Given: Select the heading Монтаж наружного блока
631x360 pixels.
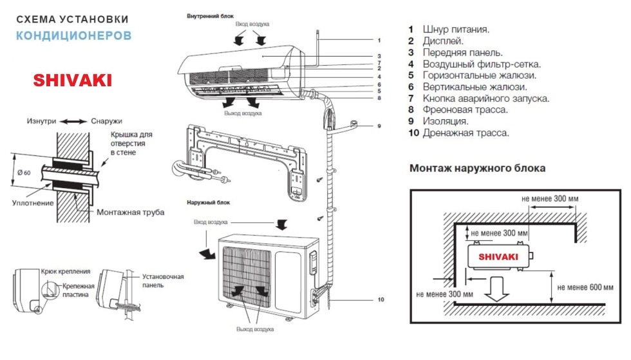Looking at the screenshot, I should (x=477, y=168).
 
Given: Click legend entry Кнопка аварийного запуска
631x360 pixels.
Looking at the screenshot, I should (x=486, y=99).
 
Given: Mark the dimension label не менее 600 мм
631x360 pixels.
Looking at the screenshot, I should (x=584, y=287).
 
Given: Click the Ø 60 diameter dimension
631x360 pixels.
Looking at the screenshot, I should (x=24, y=172).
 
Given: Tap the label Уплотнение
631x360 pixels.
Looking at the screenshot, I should (x=32, y=203).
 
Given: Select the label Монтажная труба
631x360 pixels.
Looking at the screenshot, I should (x=130, y=212).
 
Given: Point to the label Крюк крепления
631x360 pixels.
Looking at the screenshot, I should (x=65, y=272).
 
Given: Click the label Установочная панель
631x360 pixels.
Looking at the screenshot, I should (x=163, y=281).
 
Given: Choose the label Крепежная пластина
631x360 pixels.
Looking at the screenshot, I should (x=79, y=290).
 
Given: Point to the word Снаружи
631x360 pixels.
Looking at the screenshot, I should (x=106, y=121).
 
